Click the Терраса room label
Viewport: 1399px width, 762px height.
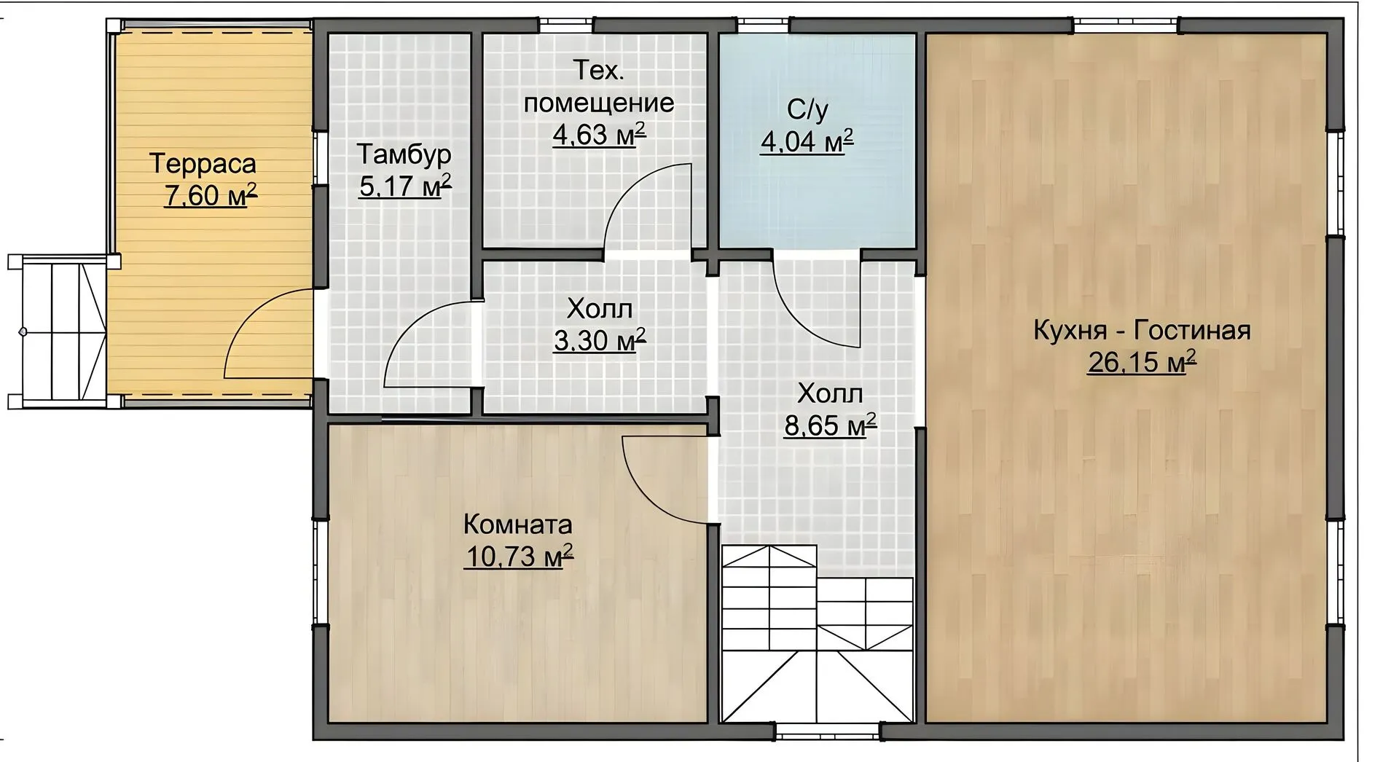pyautogui.click(x=203, y=164)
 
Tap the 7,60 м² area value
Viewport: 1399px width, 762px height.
pyautogui.click(x=211, y=195)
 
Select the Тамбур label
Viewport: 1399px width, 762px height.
pyautogui.click(x=404, y=154)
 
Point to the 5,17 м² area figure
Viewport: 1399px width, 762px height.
pyautogui.click(x=405, y=186)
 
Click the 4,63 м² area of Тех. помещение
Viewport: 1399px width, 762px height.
pyautogui.click(x=599, y=134)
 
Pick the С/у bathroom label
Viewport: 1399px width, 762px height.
pyautogui.click(x=807, y=109)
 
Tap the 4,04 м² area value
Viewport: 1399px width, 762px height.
pyautogui.click(x=807, y=141)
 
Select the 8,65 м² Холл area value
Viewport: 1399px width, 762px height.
pyautogui.click(x=830, y=425)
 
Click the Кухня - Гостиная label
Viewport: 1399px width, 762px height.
pyautogui.click(x=1142, y=331)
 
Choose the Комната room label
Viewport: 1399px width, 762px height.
pyautogui.click(x=518, y=525)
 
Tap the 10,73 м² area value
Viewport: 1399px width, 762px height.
pyautogui.click(x=519, y=557)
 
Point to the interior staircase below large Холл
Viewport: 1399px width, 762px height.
pyautogui.click(x=817, y=633)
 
